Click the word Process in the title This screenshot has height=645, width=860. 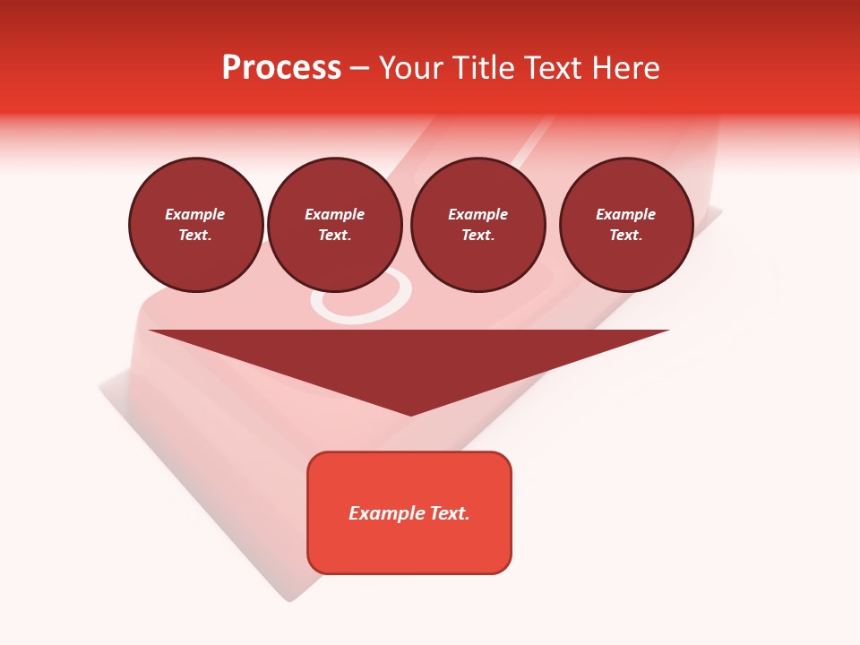[281, 68]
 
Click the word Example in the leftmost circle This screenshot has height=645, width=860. [195, 214]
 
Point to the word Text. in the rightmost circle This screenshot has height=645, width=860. [626, 235]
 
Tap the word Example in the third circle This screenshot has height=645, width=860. [477, 214]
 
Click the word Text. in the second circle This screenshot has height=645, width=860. [334, 235]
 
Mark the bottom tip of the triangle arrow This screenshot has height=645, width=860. [410, 414]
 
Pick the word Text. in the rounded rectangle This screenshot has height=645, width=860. [450, 513]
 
